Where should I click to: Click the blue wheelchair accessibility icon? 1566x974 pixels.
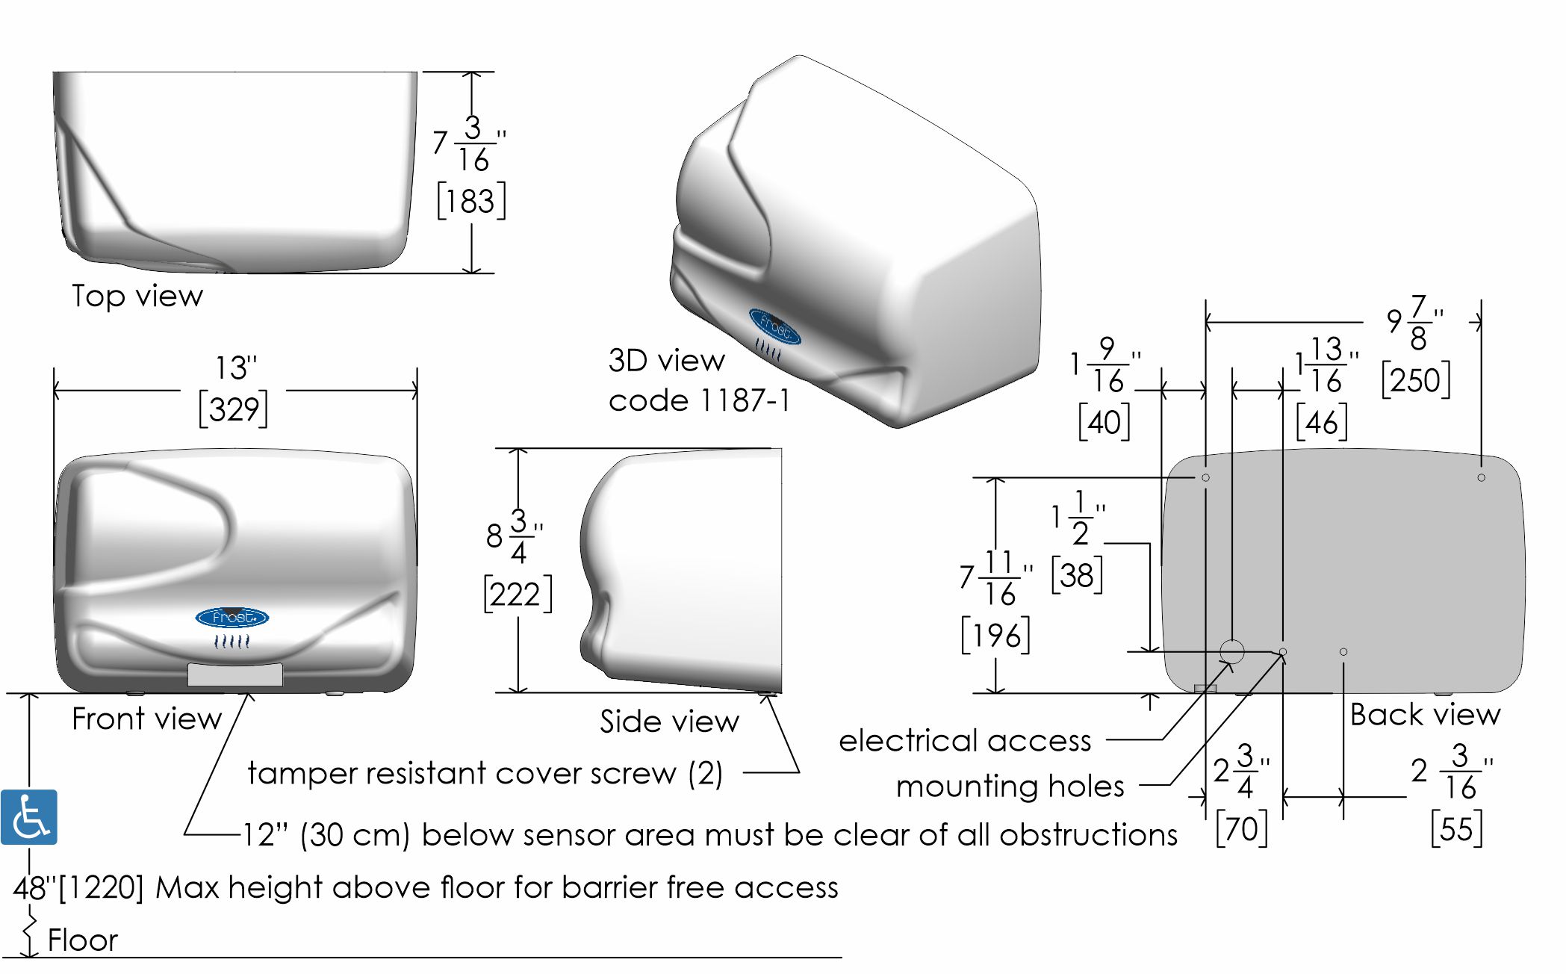point(29,816)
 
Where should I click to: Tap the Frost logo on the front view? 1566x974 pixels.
point(232,618)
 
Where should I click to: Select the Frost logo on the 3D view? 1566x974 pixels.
point(774,327)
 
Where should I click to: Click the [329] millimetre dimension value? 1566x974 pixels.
point(234,409)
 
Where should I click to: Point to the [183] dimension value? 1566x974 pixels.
point(471,202)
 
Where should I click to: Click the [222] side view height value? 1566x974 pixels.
point(518,594)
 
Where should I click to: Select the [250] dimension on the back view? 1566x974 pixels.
point(1415,380)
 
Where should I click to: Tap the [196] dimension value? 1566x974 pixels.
point(995,636)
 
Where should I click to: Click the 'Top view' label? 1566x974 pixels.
point(137,297)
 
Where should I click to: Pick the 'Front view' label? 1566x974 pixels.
point(147,719)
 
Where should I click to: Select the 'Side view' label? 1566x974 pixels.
point(669,722)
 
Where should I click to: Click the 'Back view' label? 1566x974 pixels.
point(1425,715)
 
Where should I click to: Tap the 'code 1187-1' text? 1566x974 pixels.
point(699,401)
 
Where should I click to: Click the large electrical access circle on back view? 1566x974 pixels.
point(1232,651)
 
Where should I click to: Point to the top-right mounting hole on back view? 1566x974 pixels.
point(1482,478)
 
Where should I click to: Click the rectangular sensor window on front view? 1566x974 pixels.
point(234,674)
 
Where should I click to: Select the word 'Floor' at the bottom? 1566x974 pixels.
point(83,940)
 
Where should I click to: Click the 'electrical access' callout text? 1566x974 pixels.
point(965,741)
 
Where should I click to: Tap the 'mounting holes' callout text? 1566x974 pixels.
point(1010,787)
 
